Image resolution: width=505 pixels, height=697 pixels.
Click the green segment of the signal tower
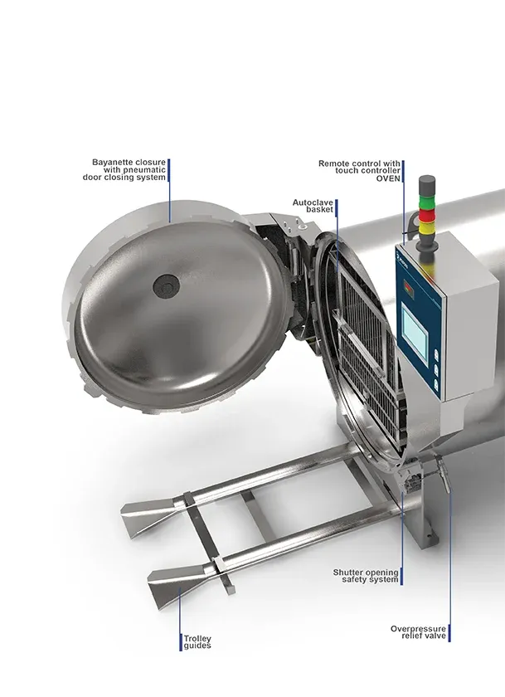tap(427, 201)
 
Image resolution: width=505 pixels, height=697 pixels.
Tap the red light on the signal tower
tap(427, 216)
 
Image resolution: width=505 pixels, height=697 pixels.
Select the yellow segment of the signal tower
tap(427, 227)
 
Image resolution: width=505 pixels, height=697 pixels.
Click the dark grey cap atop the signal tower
tap(427, 183)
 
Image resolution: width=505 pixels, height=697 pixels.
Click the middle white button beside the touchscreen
tap(435, 368)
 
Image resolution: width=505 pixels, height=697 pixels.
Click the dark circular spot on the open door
tap(166, 285)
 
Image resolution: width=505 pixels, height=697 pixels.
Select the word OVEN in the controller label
tap(388, 178)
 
